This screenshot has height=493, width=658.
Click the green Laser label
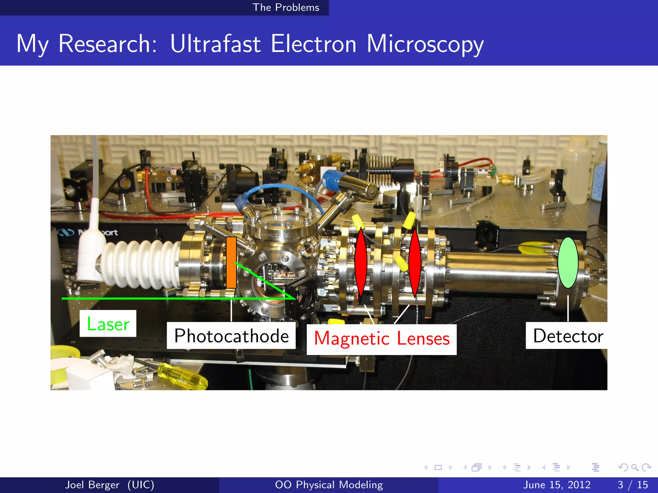pos(108,324)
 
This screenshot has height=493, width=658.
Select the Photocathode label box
pos(231,336)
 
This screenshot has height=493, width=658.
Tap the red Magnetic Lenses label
pos(382,339)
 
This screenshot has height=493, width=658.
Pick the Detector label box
pos(567,336)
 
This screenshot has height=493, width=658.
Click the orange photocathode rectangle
pos(231,263)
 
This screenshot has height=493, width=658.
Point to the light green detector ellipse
pos(568,263)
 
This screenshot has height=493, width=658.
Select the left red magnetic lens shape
pos(361,262)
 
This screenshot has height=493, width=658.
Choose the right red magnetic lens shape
pos(415,262)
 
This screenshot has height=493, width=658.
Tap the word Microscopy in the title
pos(425,44)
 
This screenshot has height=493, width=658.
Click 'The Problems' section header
pos(286,7)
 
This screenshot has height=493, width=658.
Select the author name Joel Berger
pos(92,485)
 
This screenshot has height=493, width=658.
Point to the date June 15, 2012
pos(556,485)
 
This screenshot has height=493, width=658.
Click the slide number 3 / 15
pos(633,485)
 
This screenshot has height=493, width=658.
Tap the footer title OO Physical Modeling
pos(329,485)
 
